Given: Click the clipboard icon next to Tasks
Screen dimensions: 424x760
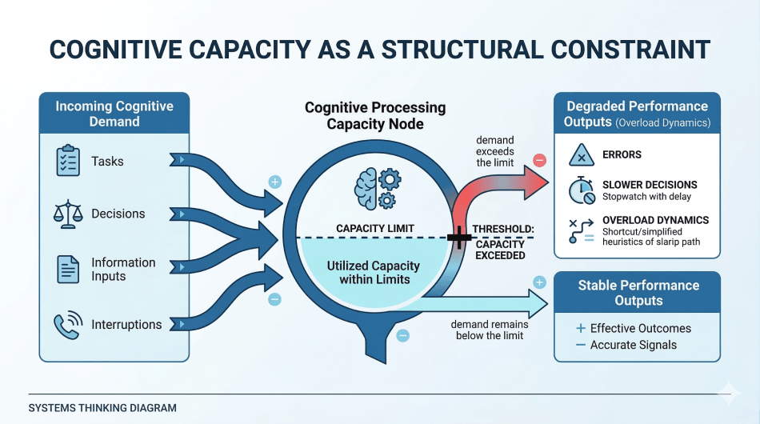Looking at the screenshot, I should [x=68, y=161].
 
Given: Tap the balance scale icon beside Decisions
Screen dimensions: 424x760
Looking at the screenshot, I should [x=68, y=214].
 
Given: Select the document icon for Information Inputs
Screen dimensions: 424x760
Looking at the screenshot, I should [x=68, y=269].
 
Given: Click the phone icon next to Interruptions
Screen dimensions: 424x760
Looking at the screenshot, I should [x=67, y=325].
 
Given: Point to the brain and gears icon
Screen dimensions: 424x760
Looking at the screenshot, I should [x=374, y=189].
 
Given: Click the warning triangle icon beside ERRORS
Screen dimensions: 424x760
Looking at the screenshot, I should [x=581, y=155].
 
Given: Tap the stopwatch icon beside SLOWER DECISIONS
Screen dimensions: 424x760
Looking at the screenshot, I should [x=581, y=190].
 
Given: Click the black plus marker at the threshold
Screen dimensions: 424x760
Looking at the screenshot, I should [x=459, y=237].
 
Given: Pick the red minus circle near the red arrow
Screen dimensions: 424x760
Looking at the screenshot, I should [x=539, y=160].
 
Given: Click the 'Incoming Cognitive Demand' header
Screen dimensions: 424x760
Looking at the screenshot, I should [x=114, y=114].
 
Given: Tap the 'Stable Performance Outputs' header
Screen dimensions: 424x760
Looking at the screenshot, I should [x=638, y=293].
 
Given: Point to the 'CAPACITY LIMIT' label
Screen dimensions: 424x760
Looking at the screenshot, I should [x=374, y=229].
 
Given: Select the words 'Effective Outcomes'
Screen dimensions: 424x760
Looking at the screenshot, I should [x=640, y=328].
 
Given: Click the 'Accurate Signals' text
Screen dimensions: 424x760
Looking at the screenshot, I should [x=633, y=345].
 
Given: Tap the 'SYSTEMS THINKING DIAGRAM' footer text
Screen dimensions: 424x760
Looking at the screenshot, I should [x=102, y=408].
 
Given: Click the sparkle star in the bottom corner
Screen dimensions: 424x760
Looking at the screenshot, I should [x=728, y=392].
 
